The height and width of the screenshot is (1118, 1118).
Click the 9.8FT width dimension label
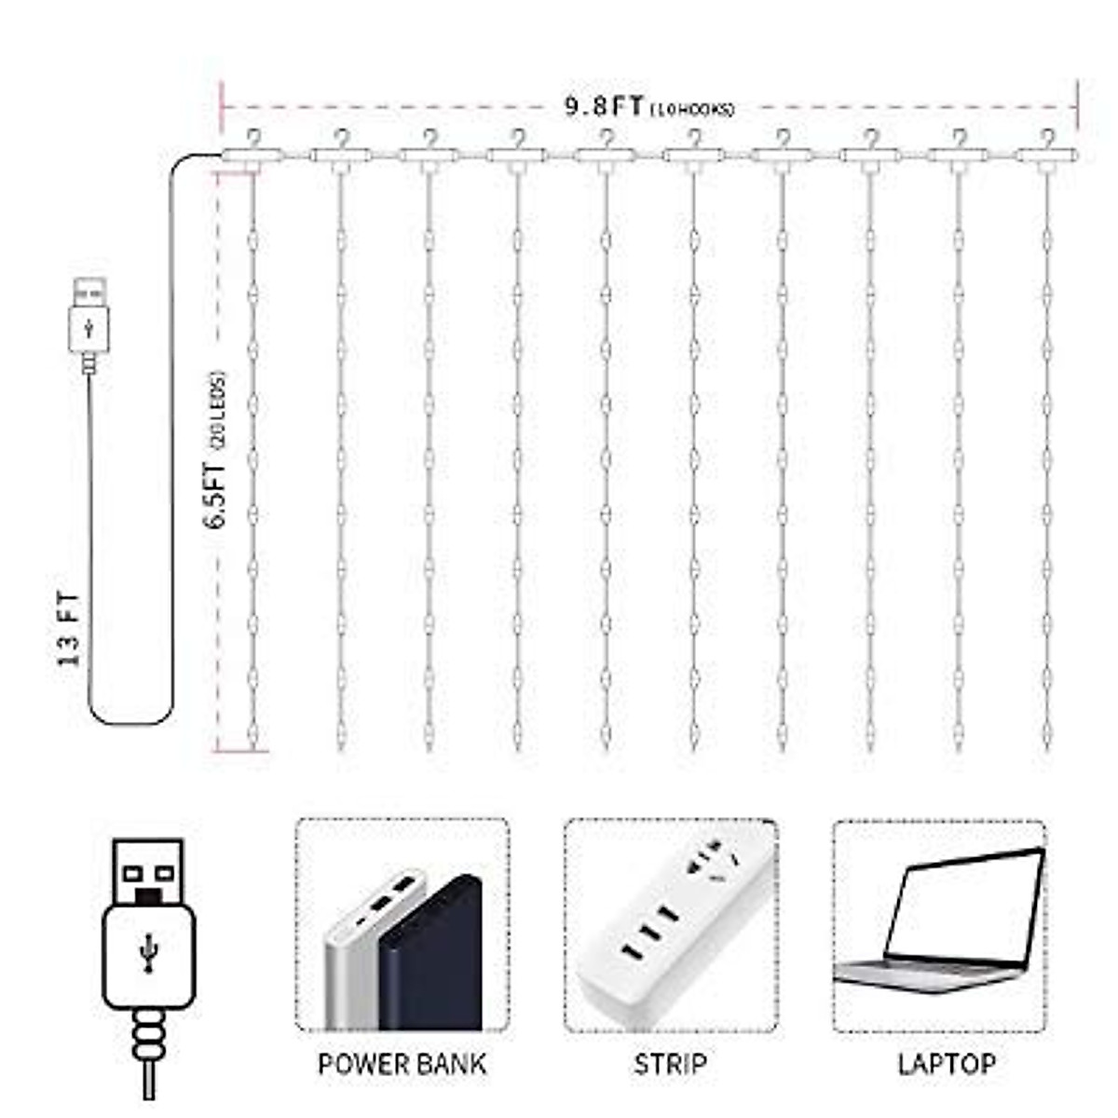(x=604, y=105)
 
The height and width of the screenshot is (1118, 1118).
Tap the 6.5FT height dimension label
(x=216, y=495)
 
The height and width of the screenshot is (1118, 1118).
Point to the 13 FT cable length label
(x=70, y=629)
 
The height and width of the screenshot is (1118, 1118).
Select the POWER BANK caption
(x=402, y=1064)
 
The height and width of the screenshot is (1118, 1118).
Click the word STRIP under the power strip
(x=670, y=1064)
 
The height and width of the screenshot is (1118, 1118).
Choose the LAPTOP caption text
(x=946, y=1064)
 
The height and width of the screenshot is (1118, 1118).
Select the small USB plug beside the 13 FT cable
(x=89, y=317)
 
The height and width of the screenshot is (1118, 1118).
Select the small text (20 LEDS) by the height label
(x=219, y=410)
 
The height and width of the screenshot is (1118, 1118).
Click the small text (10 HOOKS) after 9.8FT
(x=692, y=110)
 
